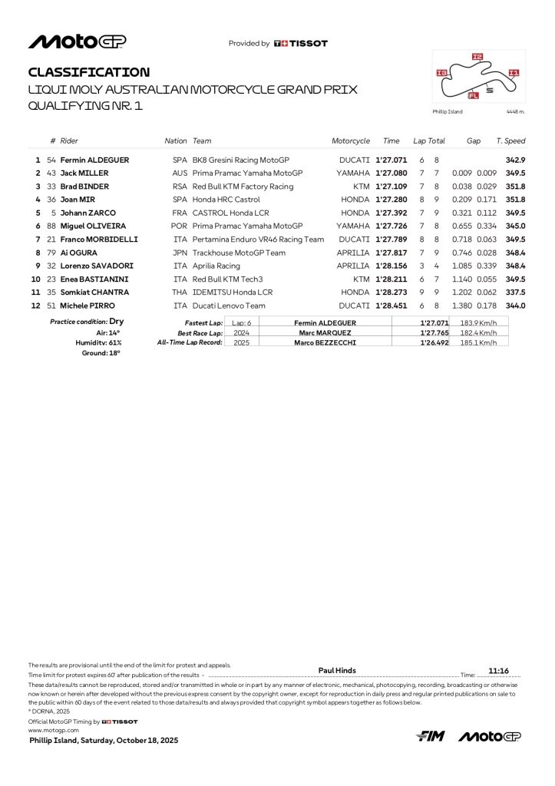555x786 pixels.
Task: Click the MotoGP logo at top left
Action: [78, 41]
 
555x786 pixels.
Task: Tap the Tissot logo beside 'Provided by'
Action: [301, 44]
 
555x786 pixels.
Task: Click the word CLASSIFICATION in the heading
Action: [89, 72]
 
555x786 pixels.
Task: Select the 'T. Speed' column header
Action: [510, 141]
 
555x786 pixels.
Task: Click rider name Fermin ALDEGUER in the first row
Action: [94, 160]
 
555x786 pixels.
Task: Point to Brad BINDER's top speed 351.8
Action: [514, 187]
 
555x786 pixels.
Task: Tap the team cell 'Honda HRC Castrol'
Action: [228, 200]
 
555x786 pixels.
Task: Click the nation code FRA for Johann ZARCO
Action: [180, 213]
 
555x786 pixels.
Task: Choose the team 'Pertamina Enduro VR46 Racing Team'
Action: [258, 239]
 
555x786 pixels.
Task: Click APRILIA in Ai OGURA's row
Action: [353, 253]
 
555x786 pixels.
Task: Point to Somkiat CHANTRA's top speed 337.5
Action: [514, 292]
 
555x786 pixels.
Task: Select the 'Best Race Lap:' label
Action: [200, 333]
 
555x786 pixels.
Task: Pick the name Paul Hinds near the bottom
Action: [337, 670]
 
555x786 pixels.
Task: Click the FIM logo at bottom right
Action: [431, 737]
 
